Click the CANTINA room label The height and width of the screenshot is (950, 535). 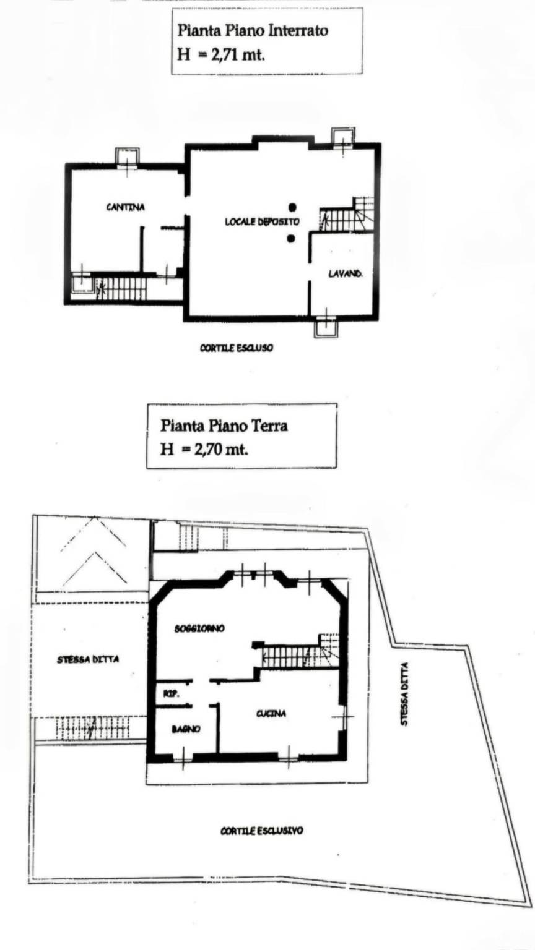point(125,207)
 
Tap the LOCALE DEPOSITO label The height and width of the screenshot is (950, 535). point(262,221)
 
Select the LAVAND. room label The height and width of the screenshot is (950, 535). point(346,274)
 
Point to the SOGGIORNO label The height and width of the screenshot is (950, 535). point(199,628)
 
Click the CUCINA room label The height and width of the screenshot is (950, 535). point(271,714)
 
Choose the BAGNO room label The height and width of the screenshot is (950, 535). point(186,729)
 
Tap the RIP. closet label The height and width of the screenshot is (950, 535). point(172,694)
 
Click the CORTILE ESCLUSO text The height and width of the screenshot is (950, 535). point(237,348)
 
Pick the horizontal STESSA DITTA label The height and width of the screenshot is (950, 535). point(88,659)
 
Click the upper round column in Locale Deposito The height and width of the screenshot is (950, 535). point(292,207)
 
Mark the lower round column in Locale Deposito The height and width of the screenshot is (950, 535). point(291,238)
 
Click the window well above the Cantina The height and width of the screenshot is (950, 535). point(127,157)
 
